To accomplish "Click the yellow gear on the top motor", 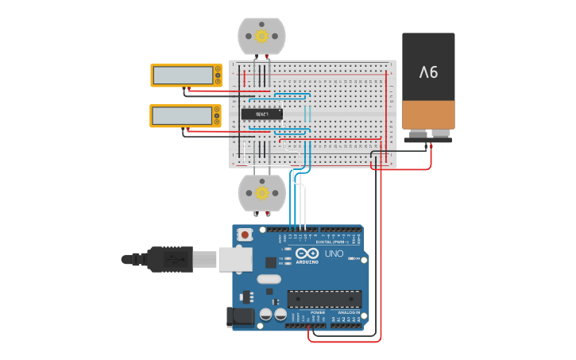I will (261, 36).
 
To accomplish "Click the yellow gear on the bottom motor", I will (261, 192).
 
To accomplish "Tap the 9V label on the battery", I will (428, 72).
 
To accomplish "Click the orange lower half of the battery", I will (428, 114).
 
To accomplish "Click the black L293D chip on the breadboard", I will (261, 114).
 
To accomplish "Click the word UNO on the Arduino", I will (334, 254).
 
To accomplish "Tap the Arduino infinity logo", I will (307, 254).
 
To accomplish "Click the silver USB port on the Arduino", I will (235, 259).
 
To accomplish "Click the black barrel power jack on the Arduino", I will (240, 317).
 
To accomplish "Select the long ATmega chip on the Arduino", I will (324, 299).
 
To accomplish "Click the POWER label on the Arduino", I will (317, 313).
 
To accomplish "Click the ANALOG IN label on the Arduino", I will (348, 313).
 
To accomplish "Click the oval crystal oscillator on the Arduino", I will (269, 279).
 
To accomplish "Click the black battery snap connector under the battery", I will (427, 140).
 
